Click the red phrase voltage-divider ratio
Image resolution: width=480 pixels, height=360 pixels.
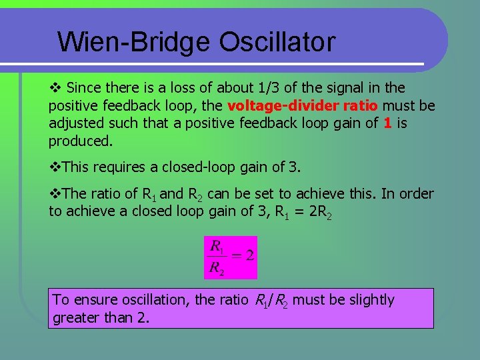(303, 106)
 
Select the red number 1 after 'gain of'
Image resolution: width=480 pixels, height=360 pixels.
(387, 123)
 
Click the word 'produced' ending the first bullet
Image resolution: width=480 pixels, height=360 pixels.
(79, 141)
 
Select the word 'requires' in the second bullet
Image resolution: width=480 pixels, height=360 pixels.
(117, 167)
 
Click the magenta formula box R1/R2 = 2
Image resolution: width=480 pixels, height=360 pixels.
(231, 257)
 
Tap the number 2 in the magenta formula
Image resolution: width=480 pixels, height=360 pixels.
(250, 255)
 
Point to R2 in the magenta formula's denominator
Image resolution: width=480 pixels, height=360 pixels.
(217, 269)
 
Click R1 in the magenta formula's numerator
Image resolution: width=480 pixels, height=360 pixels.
(217, 245)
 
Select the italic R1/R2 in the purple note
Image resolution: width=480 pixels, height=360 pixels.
(272, 301)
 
